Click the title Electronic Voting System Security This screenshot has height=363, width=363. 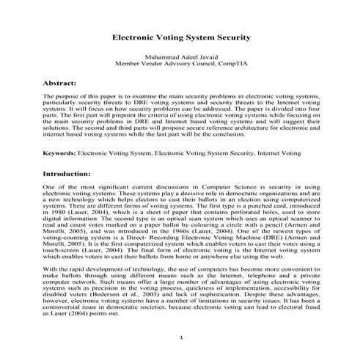[x=181, y=35]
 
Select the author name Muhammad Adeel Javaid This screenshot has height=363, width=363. [x=181, y=56]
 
